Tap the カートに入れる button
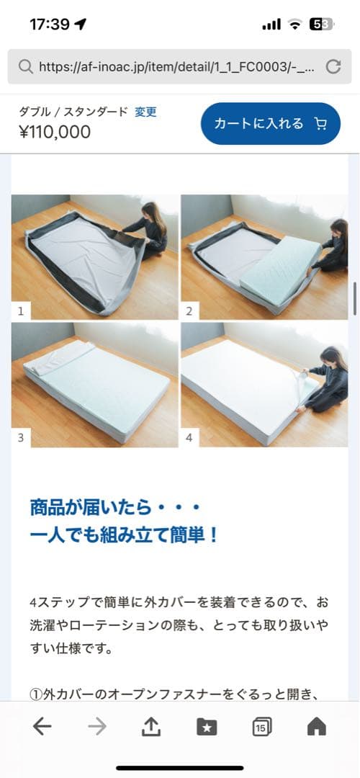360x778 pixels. pos(270,124)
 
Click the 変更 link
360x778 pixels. pos(145,112)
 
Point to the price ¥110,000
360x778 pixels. pos(55,132)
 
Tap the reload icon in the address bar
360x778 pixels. pos(333,67)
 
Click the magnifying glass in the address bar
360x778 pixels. pos(25,67)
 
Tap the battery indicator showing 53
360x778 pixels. pos(321,24)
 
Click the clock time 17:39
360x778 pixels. pos(50,24)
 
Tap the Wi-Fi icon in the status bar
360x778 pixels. pos(294,24)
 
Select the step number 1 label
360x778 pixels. pos(21,311)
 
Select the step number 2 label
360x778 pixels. pos(189,311)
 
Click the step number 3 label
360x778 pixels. pos(21,438)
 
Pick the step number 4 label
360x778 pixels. pos(189,438)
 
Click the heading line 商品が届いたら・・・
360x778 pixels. pos(114,508)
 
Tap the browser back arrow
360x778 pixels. pos(42,727)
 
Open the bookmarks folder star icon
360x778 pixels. pos(207,727)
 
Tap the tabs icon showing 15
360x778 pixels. pos(262,727)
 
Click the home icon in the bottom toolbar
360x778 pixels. pos(317,727)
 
